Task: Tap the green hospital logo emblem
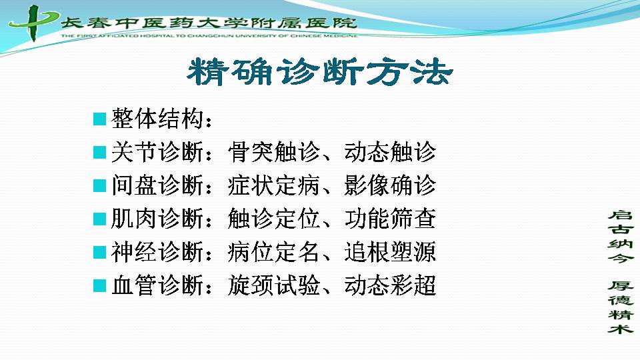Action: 33,23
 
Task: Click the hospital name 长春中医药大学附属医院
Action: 209,22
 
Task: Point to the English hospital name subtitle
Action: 209,36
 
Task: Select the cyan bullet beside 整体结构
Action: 99,119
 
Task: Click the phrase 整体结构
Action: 157,119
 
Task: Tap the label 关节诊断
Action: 157,152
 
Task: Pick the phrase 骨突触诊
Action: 273,152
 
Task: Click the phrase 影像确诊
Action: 390,185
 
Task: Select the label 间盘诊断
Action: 157,185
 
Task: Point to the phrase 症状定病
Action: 273,185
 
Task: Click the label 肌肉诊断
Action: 157,219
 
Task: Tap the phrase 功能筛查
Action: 390,219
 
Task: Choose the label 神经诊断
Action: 157,252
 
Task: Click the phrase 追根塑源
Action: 390,252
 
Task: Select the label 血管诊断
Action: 157,285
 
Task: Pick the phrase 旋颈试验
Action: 273,285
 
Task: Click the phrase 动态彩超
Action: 390,285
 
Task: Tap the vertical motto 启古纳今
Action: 621,236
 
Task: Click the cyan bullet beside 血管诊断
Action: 99,286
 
